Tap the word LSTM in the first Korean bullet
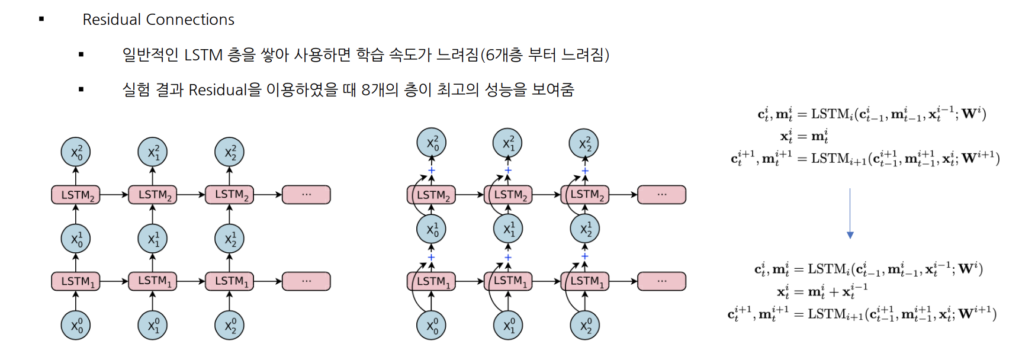(203, 55)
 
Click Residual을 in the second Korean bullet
(224, 90)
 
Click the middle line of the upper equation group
(804, 136)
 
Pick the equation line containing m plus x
(822, 291)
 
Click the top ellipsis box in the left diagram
(306, 195)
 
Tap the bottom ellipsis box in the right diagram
(661, 281)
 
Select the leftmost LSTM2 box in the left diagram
(76, 195)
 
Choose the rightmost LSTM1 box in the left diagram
(229, 281)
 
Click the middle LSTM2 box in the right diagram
(508, 195)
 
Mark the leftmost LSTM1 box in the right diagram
(431, 281)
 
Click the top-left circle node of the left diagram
(76, 152)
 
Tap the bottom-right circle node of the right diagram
(585, 325)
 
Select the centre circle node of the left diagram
(153, 239)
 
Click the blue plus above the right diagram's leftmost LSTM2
(432, 171)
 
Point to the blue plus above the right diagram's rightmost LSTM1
(585, 257)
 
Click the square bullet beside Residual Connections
(41, 20)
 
